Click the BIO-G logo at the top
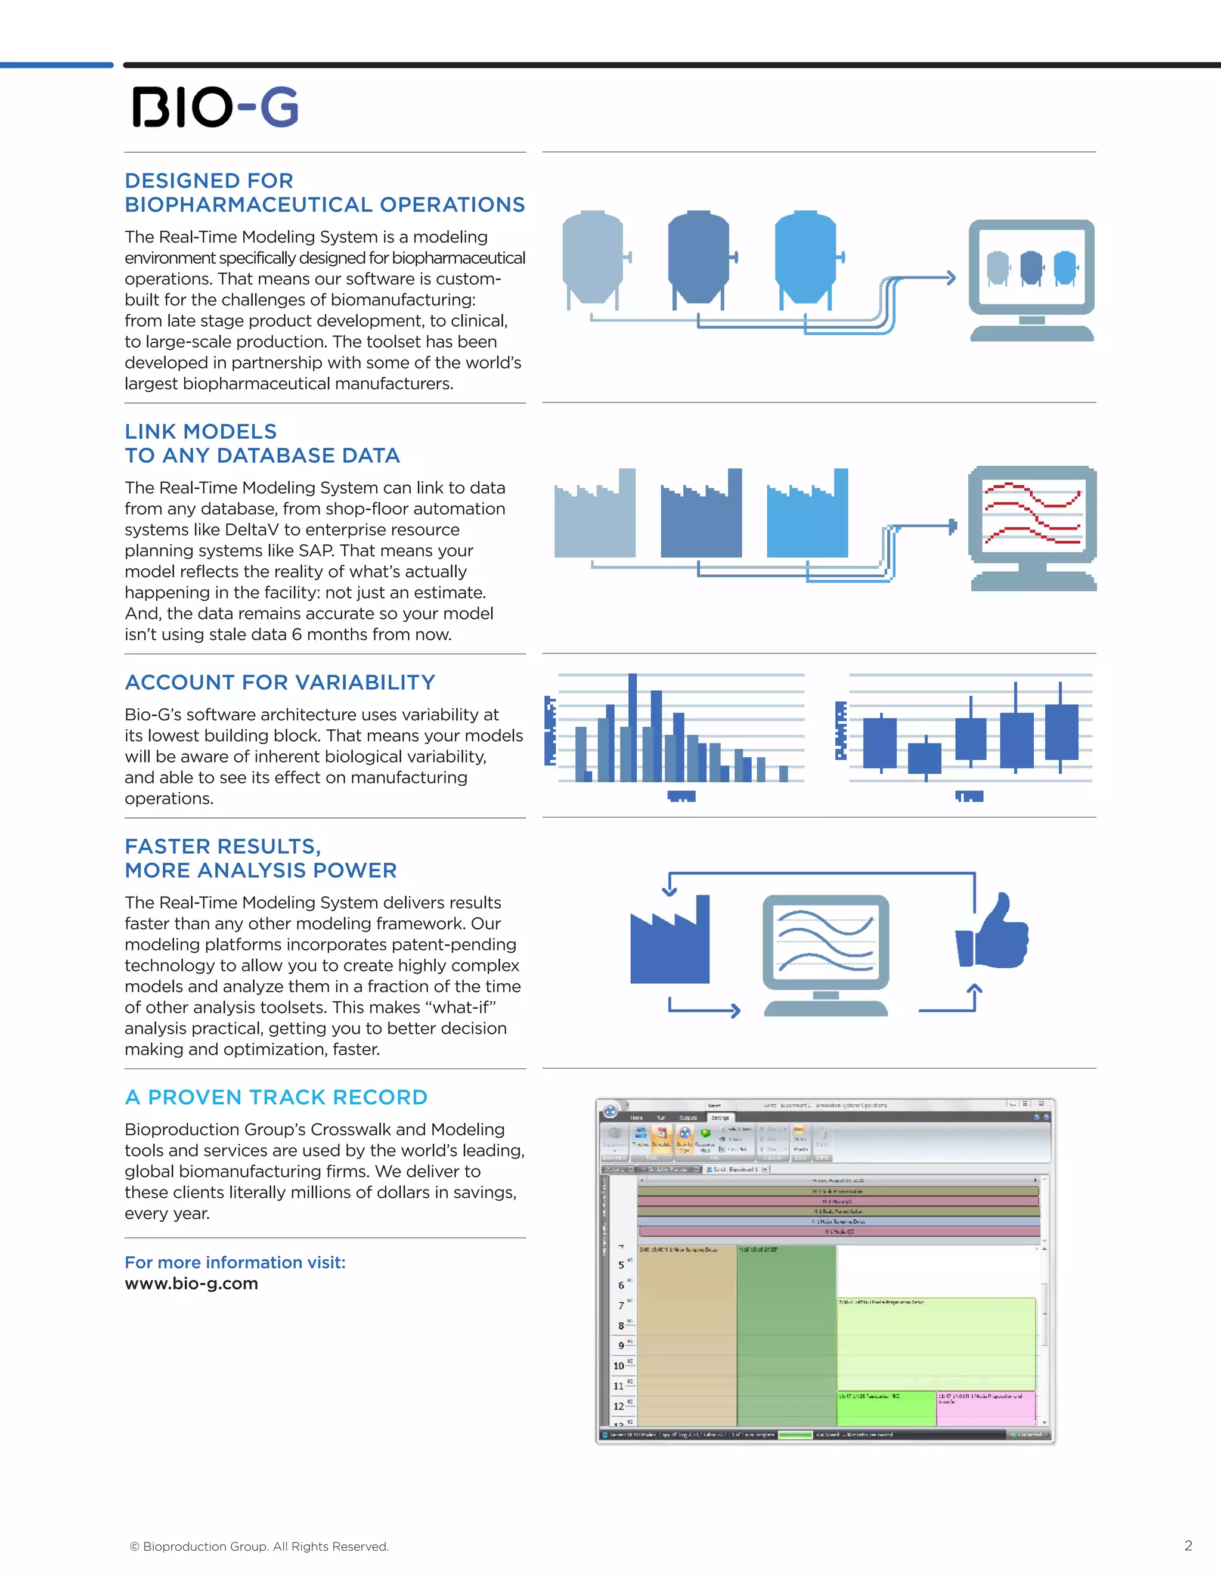pos(215,107)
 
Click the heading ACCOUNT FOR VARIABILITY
pos(280,682)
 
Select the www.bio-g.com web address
pos(191,1284)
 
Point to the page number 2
pos(1188,1545)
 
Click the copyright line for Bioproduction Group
pos(259,1546)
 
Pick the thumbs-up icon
pos(993,932)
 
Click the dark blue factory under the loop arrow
pos(670,943)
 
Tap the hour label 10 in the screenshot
pos(618,1366)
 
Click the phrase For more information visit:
pos(235,1262)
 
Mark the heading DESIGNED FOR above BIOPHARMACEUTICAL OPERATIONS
pos(209,180)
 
